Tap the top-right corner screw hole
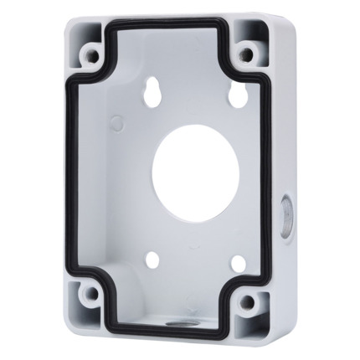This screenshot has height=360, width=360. (x=246, y=56)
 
